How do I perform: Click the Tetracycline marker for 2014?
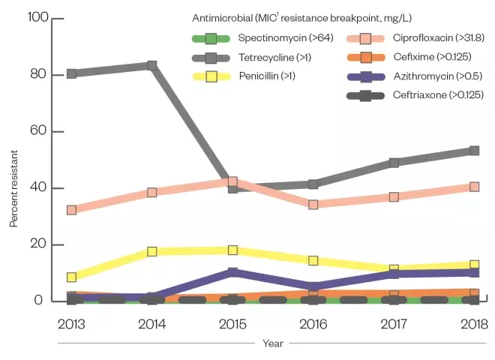151,65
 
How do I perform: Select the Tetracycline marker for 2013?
71,73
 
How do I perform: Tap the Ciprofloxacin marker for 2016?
313,204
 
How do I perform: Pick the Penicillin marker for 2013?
71,277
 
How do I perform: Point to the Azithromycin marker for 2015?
232,273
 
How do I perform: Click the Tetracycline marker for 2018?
474,151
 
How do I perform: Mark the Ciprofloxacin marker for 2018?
474,187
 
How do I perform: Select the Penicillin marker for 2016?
313,260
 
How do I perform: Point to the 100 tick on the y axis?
37,18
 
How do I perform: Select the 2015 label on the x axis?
232,324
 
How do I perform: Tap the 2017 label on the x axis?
394,324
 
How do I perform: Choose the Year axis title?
272,343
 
